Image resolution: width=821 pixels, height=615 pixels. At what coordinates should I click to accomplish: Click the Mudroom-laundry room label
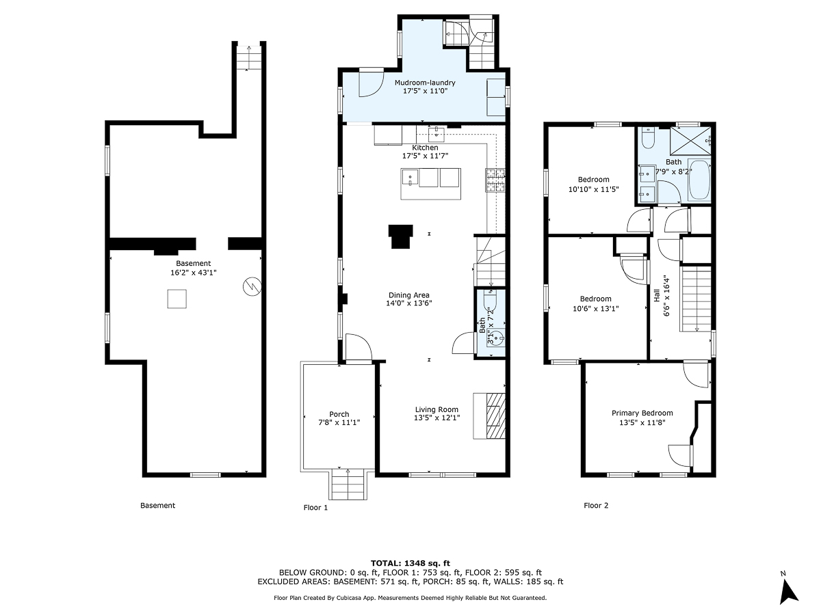(425, 83)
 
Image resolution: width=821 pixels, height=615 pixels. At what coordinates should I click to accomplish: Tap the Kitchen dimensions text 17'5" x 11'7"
(425, 156)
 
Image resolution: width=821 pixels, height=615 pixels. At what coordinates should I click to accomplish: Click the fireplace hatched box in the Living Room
(495, 415)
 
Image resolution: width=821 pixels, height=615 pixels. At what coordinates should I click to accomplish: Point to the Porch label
(339, 414)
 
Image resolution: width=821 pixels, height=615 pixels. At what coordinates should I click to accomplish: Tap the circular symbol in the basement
(252, 286)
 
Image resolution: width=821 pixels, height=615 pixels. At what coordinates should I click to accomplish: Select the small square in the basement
(177, 299)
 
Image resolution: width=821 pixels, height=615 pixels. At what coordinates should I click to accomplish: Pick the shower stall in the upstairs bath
(687, 141)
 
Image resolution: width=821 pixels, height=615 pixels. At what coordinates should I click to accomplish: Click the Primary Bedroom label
(642, 413)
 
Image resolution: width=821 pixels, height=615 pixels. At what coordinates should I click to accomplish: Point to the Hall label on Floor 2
(657, 295)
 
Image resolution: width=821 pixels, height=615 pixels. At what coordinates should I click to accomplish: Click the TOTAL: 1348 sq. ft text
(410, 562)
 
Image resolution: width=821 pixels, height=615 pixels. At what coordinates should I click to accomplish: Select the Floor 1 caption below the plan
(315, 507)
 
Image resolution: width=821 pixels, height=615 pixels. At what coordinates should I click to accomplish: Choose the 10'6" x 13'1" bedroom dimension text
(595, 307)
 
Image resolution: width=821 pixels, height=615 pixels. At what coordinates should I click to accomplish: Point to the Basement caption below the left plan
(157, 506)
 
